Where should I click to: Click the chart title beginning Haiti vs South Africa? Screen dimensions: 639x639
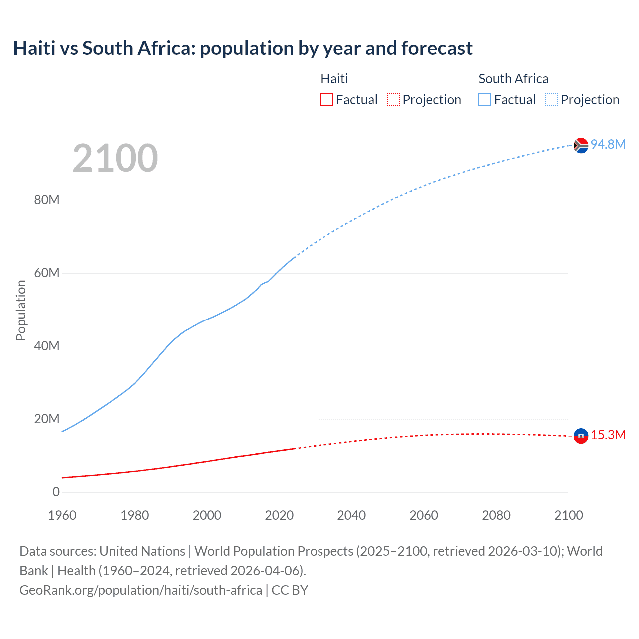pos(243,48)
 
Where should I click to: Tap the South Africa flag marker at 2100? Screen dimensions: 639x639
pos(581,145)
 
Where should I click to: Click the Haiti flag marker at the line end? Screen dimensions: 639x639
pos(581,436)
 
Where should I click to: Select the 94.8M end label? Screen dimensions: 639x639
pos(608,144)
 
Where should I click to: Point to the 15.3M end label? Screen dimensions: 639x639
pos(608,435)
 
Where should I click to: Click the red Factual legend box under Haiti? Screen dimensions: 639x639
pos(327,99)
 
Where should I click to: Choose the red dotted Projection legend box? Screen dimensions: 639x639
pos(393,99)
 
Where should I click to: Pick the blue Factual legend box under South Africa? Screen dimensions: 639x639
pos(485,99)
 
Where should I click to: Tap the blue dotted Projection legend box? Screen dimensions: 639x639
pos(552,99)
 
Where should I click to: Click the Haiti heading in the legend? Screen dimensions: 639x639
pos(334,79)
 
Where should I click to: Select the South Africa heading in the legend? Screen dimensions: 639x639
pos(513,79)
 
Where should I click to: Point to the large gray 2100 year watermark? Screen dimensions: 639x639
pos(115,158)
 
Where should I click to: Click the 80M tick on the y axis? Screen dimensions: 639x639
pos(47,200)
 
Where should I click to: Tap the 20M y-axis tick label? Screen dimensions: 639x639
pos(47,419)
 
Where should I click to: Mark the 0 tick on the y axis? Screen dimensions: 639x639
pos(56,492)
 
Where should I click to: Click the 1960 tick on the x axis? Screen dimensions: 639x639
pos(62,515)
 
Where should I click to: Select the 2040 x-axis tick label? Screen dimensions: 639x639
pos(351,515)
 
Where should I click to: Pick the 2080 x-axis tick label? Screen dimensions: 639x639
pos(496,515)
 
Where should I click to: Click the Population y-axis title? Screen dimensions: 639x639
pos(21,310)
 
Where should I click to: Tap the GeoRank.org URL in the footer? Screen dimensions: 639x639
pos(141,590)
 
